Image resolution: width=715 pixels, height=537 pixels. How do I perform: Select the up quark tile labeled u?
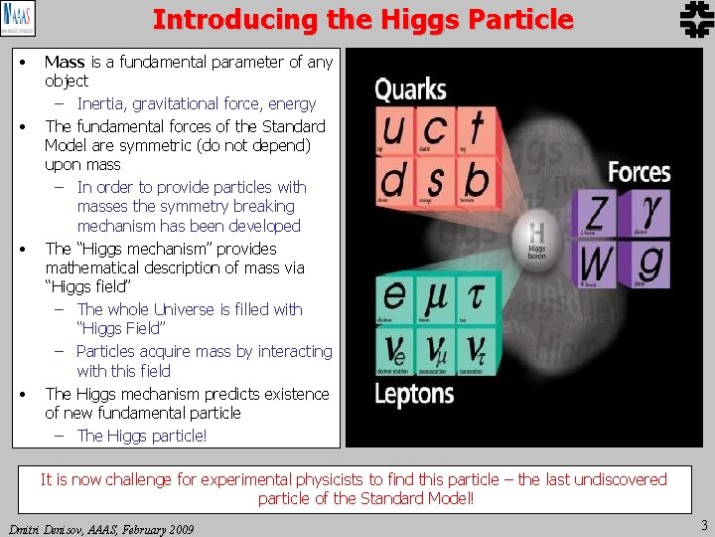pos(394,131)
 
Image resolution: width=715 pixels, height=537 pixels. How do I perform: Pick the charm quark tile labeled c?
pos(435,131)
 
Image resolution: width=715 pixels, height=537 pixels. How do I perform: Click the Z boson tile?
pos(597,216)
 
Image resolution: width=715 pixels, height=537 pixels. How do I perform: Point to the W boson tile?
pos(597,266)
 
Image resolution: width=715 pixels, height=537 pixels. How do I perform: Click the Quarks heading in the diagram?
pos(410,89)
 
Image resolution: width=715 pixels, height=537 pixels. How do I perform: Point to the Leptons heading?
pos(414,393)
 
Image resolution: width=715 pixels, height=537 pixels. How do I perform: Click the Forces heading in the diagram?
pos(639,172)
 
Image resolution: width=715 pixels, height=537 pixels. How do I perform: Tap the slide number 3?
pos(704,524)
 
